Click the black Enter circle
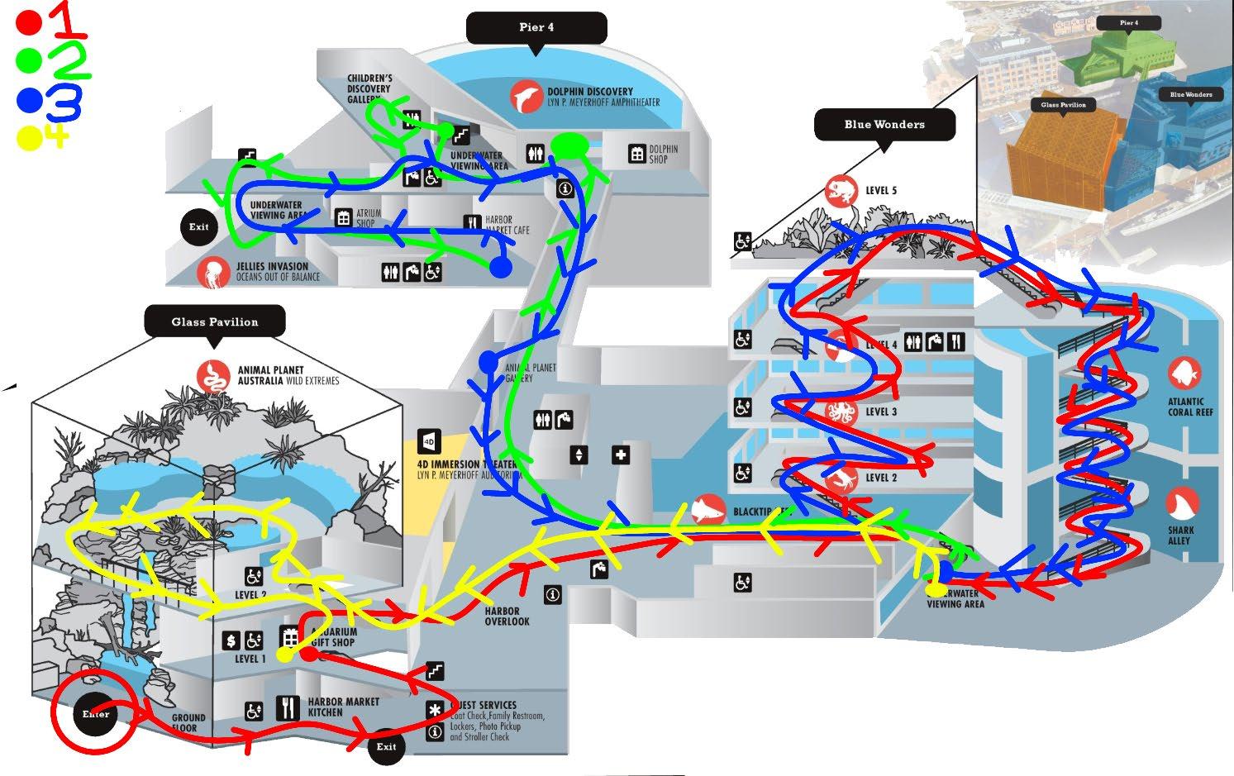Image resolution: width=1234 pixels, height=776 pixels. pos(95,714)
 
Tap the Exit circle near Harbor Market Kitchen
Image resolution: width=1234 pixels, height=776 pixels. pos(386,746)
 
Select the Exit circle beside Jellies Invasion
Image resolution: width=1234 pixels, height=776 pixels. pos(198,226)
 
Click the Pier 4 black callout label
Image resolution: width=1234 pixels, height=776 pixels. pos(536,27)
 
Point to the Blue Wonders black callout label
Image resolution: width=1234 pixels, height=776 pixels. pos(884,125)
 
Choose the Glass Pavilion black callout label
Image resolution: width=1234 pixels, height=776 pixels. pos(215,321)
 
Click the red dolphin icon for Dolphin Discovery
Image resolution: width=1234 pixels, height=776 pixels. pos(526,96)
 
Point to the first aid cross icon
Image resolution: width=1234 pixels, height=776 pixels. pos(622,455)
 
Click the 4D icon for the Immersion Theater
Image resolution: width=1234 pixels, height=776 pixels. pos(429,442)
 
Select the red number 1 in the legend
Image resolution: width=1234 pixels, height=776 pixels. pos(71,20)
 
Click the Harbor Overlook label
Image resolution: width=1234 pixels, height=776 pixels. pos(507,617)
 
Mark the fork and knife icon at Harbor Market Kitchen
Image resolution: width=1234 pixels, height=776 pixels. pos(288,708)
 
